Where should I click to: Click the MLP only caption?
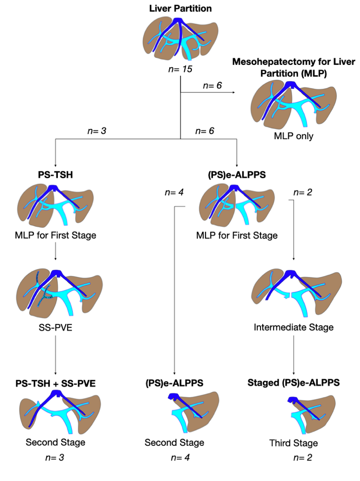[x=294, y=136]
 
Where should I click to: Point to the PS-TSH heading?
[x=56, y=175]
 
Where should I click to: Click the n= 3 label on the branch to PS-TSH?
[x=99, y=130]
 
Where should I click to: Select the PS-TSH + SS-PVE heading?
[x=56, y=385]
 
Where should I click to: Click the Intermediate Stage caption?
[x=293, y=327]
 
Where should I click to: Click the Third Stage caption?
[x=294, y=444]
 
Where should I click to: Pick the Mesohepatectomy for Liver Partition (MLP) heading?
[x=290, y=68]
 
